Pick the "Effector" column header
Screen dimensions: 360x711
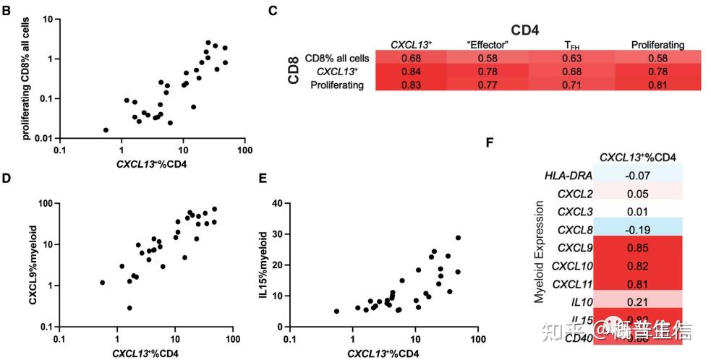coord(488,45)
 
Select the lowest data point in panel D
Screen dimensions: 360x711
coord(129,308)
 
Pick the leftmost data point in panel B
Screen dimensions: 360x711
coord(106,130)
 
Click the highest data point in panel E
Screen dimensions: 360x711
coord(458,238)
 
